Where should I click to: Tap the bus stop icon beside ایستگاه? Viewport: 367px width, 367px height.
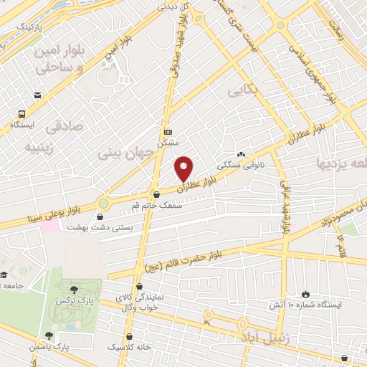tap(22, 113)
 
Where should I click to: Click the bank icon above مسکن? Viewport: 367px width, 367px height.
tap(168, 132)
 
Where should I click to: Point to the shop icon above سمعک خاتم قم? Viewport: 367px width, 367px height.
tap(157, 194)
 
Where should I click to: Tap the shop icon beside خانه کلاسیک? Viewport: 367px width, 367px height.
tap(128, 335)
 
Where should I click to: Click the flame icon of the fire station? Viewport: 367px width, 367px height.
tap(307, 293)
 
